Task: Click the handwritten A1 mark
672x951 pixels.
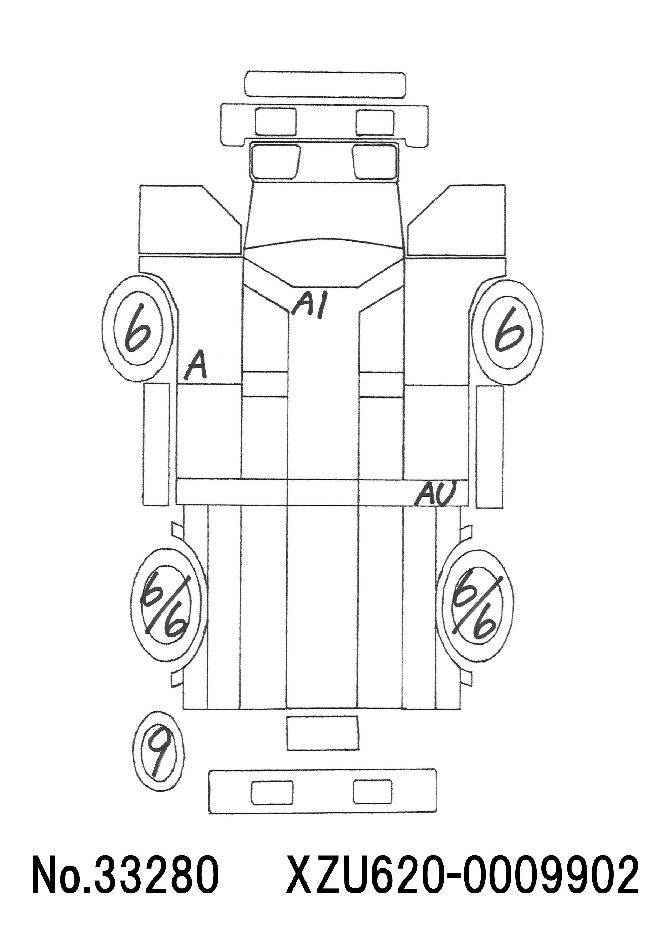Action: pos(309,305)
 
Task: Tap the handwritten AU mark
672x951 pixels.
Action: pos(435,493)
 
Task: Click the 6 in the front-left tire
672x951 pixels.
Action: pos(138,328)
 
